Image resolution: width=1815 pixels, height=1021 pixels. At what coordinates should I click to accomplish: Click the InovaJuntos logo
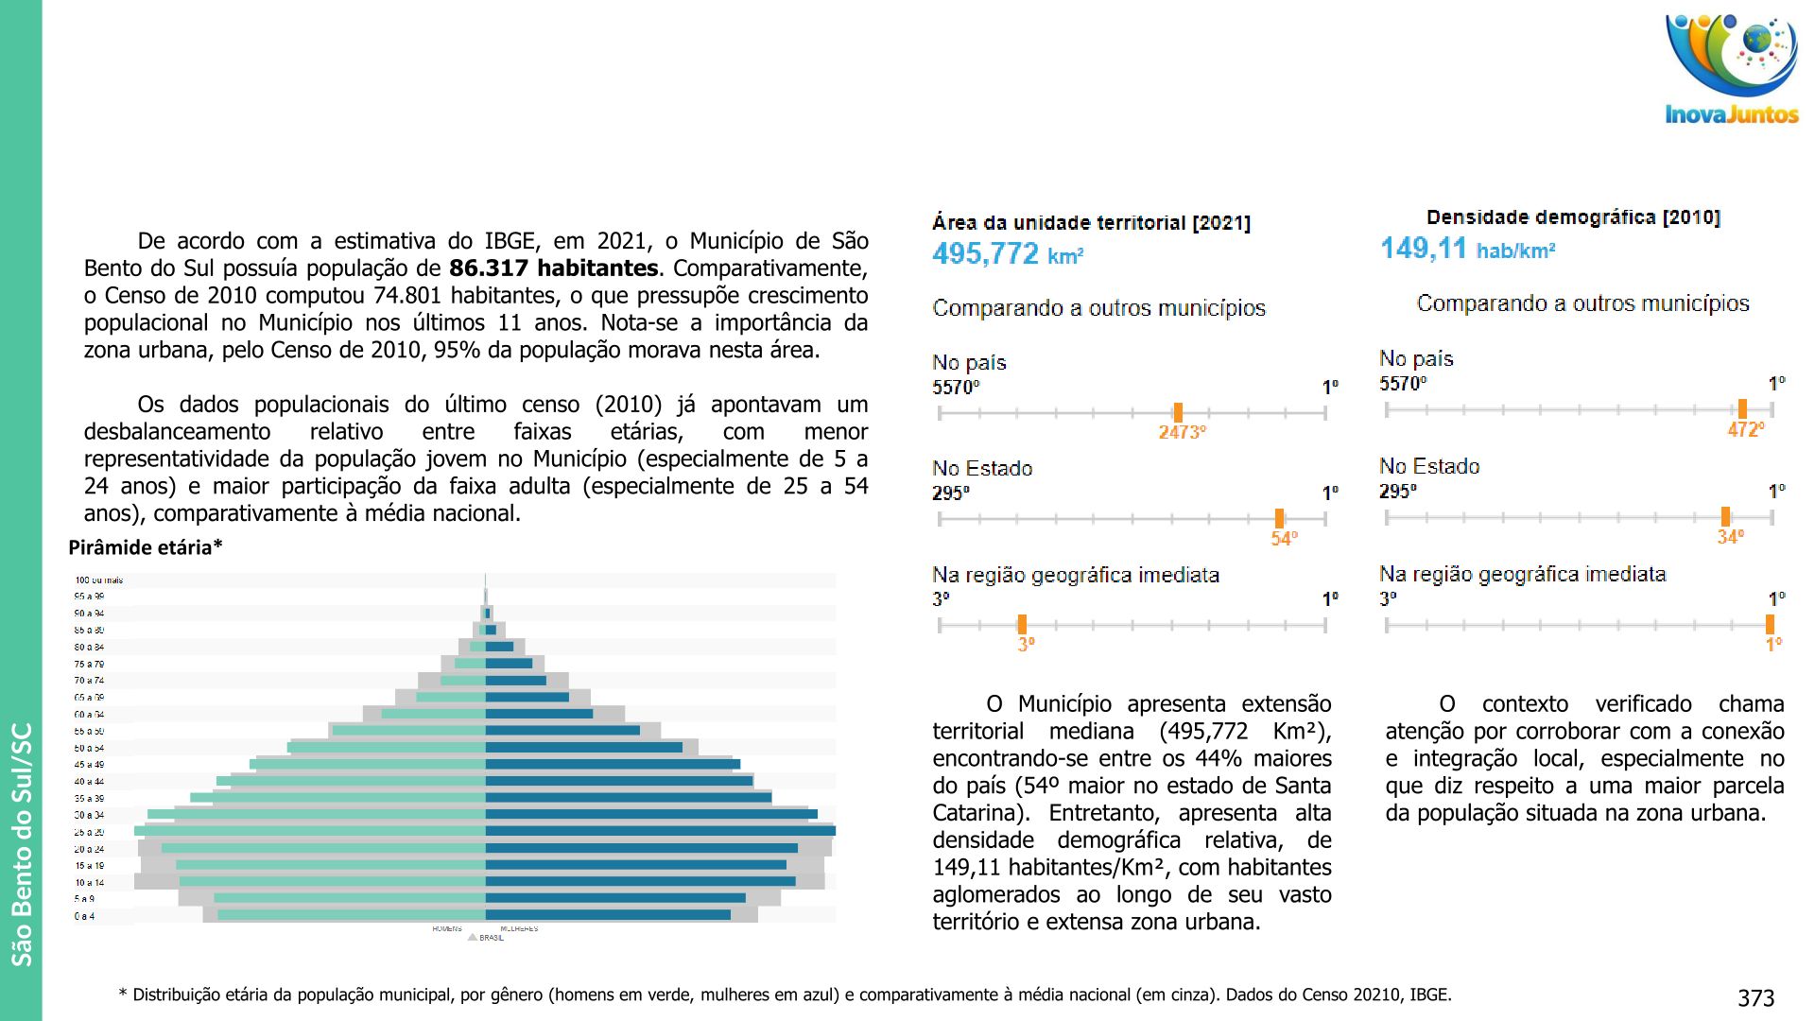click(x=1731, y=71)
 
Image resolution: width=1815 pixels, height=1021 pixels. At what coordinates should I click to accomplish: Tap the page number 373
click(x=1755, y=998)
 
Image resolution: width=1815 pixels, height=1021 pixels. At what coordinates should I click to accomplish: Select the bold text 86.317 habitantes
click(x=553, y=268)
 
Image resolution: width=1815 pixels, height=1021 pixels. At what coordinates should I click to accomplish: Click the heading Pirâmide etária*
click(x=146, y=547)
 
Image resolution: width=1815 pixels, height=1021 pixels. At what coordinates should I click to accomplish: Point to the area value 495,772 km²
click(x=1007, y=254)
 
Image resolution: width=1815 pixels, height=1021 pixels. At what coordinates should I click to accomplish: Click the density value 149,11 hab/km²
click(x=1467, y=250)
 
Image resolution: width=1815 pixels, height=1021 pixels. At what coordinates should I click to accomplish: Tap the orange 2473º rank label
click(x=1182, y=432)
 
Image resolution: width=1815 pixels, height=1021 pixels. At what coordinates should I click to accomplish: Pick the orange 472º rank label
click(x=1745, y=429)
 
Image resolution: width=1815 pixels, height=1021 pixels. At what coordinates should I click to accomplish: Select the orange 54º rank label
click(x=1284, y=538)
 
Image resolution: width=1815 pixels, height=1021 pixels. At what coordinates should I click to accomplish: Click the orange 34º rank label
click(x=1730, y=536)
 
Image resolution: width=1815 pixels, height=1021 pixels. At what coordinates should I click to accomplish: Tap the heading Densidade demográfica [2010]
click(x=1573, y=217)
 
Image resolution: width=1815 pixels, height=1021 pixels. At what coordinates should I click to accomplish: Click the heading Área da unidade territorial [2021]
click(x=1091, y=223)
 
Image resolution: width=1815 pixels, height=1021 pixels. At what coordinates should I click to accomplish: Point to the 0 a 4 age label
click(x=85, y=916)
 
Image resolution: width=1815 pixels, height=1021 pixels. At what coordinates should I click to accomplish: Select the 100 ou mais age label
click(x=99, y=580)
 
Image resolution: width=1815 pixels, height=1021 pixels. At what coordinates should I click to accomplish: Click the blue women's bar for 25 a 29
click(x=660, y=831)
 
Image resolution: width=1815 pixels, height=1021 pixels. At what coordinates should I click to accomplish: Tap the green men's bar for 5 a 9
click(x=350, y=898)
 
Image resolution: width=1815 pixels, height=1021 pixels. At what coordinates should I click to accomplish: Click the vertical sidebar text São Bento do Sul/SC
click(x=22, y=843)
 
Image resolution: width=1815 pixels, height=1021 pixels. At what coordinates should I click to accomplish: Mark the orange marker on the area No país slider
click(x=1178, y=412)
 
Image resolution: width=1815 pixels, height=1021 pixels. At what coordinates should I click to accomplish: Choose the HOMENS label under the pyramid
click(x=447, y=929)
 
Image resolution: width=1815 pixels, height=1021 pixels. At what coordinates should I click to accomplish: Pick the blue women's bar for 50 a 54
click(x=583, y=747)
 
